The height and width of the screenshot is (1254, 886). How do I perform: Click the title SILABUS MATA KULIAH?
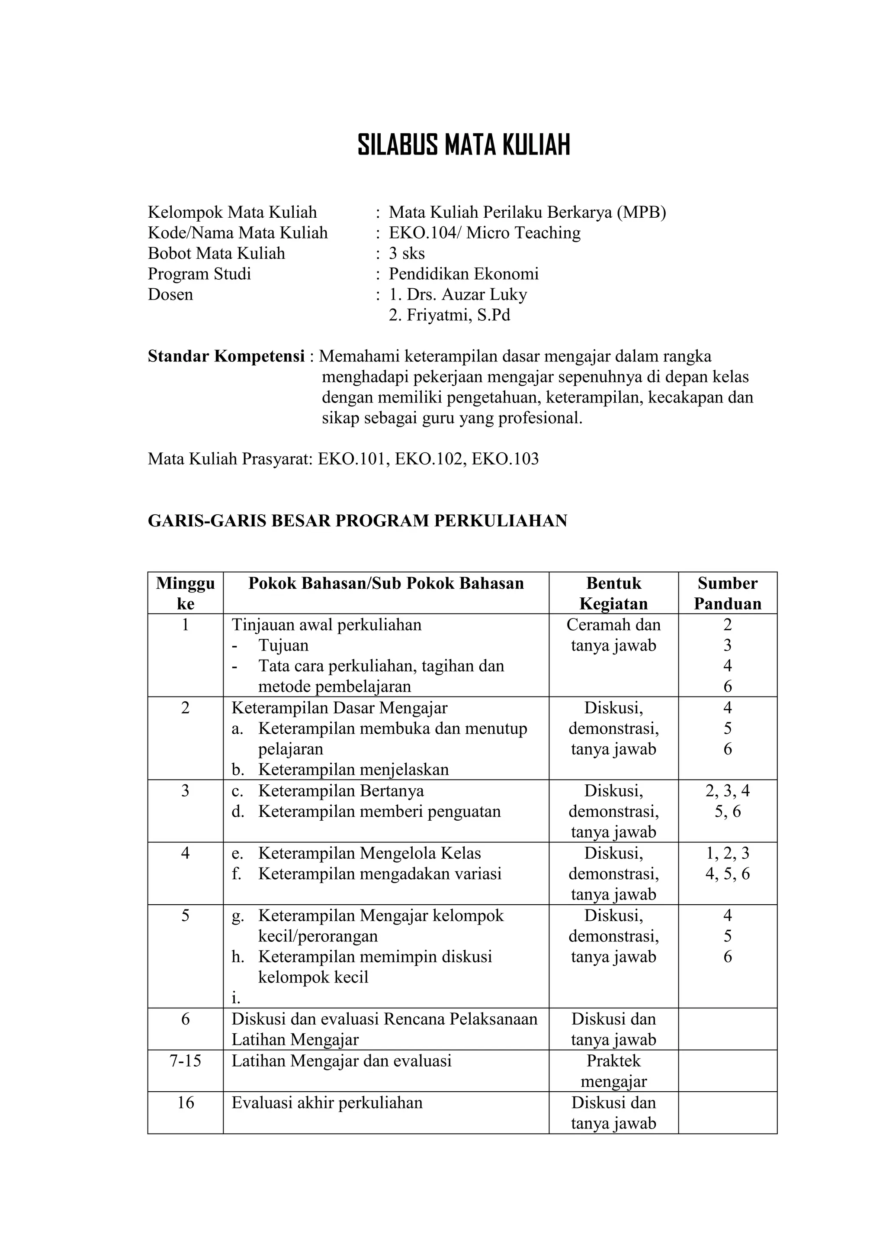[463, 145]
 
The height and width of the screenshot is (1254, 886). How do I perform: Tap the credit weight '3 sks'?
[407, 253]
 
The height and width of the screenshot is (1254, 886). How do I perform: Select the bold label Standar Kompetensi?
[226, 357]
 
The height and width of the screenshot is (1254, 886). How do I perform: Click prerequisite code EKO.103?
[505, 459]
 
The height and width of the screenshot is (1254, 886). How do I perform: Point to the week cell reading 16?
[185, 1102]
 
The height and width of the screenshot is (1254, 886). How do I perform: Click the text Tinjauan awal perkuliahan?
[327, 625]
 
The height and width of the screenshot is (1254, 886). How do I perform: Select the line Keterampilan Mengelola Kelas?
[369, 853]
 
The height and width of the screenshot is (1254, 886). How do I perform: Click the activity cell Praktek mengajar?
[613, 1071]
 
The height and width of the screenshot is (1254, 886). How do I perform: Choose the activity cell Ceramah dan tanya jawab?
[613, 635]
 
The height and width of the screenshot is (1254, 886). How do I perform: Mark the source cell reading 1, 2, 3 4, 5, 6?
[727, 864]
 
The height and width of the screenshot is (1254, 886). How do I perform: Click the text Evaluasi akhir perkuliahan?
[327, 1102]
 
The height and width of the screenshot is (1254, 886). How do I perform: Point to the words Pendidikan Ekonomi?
[463, 274]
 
